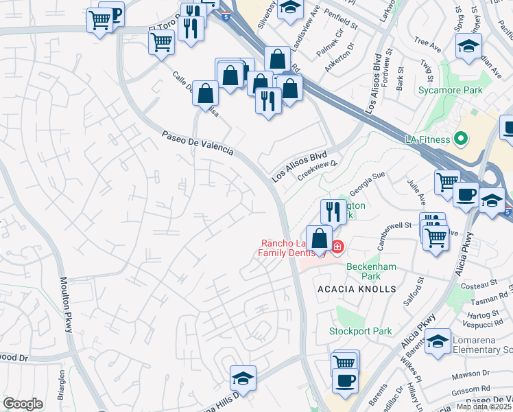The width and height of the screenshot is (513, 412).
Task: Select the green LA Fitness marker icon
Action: tap(461, 139)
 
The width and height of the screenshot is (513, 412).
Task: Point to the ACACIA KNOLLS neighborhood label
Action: tap(357, 289)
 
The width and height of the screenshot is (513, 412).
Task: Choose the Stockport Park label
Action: tap(360, 331)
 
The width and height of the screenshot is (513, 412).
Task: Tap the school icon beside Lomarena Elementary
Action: tap(437, 343)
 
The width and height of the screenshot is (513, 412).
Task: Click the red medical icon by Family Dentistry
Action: tap(337, 246)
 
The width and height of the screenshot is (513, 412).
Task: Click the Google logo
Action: tap(23, 404)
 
